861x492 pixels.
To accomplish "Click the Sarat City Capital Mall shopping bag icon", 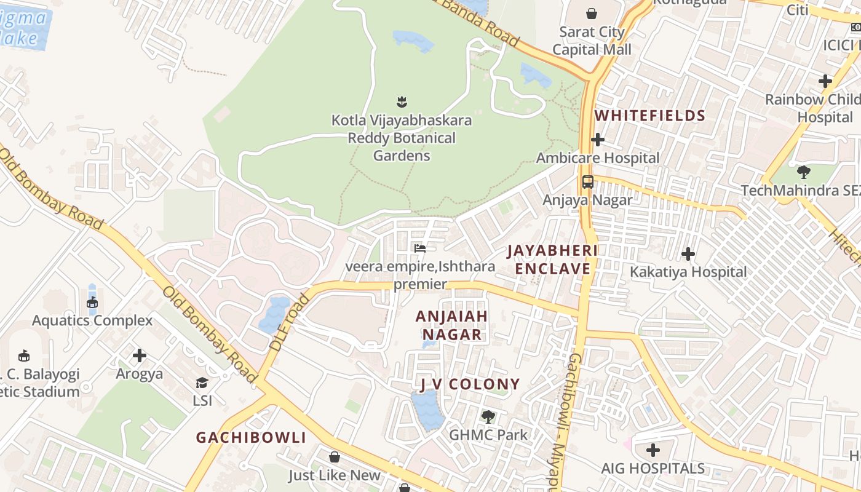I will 592,14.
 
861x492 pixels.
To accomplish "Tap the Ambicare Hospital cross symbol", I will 597,140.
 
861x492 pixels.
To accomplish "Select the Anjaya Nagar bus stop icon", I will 588,182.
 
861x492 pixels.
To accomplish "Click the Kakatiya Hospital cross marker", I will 688,254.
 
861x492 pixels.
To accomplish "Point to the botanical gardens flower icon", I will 402,101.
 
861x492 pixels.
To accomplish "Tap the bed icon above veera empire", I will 420,248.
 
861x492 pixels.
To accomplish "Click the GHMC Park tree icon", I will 488,417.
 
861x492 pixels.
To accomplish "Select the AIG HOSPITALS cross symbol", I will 653,450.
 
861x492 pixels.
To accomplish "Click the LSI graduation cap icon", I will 202,383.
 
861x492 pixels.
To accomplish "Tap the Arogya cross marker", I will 140,355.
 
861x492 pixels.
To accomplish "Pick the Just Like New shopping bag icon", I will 335,457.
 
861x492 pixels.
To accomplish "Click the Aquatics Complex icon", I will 92,302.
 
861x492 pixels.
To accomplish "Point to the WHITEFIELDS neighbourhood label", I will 650,116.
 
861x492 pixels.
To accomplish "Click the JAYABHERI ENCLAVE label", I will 552,260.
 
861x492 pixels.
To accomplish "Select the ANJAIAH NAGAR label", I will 452,325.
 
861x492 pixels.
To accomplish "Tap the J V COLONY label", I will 470,385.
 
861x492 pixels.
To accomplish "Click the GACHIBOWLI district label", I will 251,437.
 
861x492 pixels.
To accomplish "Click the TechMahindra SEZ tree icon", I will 803,172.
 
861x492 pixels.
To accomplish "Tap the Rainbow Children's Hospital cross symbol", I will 825,81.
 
